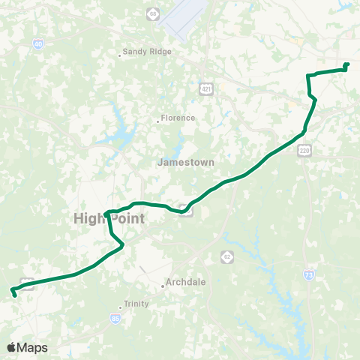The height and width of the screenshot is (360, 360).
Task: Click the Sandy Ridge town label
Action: point(148,52)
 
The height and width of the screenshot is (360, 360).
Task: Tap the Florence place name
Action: point(178,118)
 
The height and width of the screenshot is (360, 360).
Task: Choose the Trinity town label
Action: point(136,304)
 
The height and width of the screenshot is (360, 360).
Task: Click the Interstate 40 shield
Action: point(37,46)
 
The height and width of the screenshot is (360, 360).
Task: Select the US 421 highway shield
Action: point(205,89)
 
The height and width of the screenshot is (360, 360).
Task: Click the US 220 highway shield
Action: point(304,150)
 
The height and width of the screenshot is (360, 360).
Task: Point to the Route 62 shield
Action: point(226,256)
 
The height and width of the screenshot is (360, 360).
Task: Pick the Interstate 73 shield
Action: point(309,275)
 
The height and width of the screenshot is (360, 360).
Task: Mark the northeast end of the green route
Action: point(347,64)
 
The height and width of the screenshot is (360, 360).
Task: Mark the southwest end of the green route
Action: point(14,293)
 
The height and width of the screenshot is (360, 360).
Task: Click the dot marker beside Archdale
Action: point(163,286)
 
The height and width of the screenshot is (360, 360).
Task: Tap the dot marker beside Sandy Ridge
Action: point(121,55)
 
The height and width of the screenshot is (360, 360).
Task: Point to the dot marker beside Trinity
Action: point(121,307)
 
